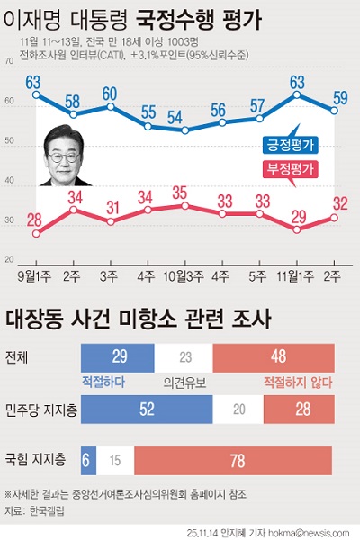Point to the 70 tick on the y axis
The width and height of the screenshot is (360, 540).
click(9, 62)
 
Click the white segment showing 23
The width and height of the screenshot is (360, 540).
click(186, 356)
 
